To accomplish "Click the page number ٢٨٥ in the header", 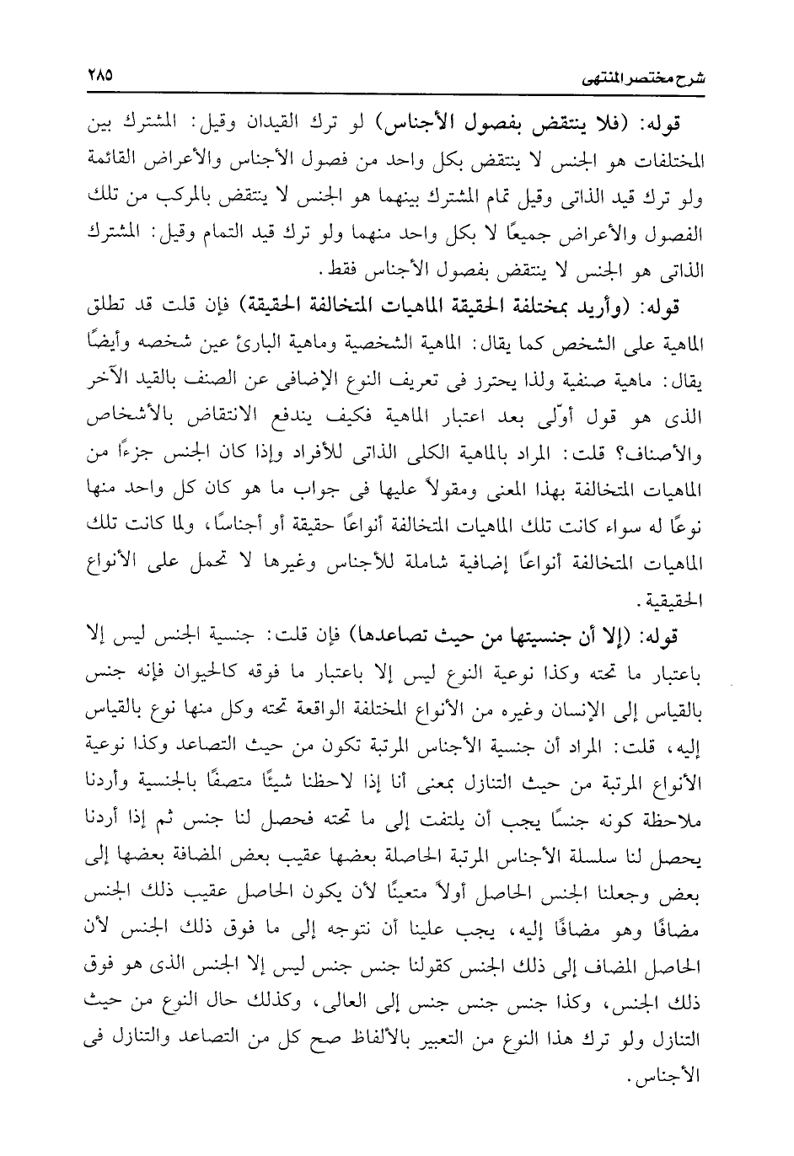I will pos(99,74).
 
